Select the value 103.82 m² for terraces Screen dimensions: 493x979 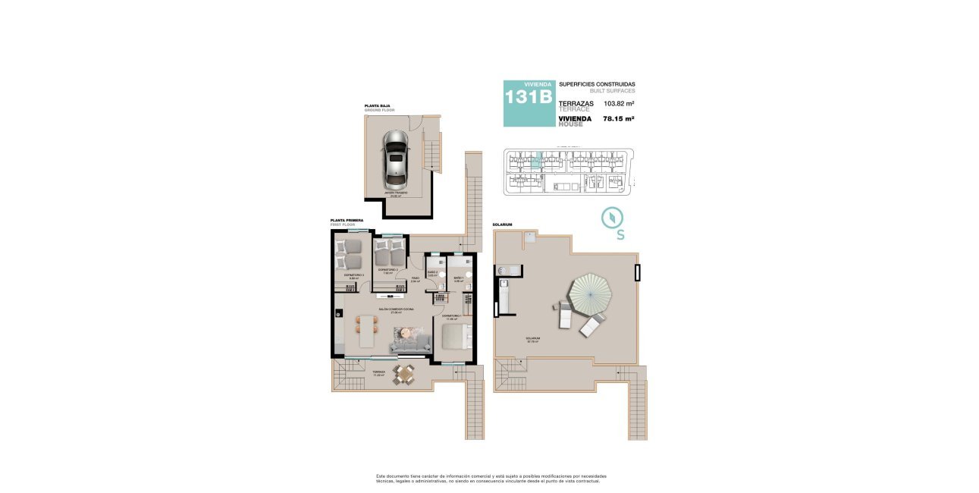(x=619, y=103)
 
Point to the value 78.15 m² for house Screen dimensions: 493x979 (x=618, y=118)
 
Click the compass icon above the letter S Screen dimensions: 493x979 (x=612, y=218)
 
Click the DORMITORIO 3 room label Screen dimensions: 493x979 (x=354, y=276)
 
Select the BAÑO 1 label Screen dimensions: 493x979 (x=459, y=279)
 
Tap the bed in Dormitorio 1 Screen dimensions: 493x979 (x=457, y=337)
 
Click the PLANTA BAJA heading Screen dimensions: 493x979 (x=377, y=107)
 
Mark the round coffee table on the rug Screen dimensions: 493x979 (x=408, y=332)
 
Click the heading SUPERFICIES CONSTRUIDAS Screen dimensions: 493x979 (x=597, y=84)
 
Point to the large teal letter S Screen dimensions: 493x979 (x=620, y=235)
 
